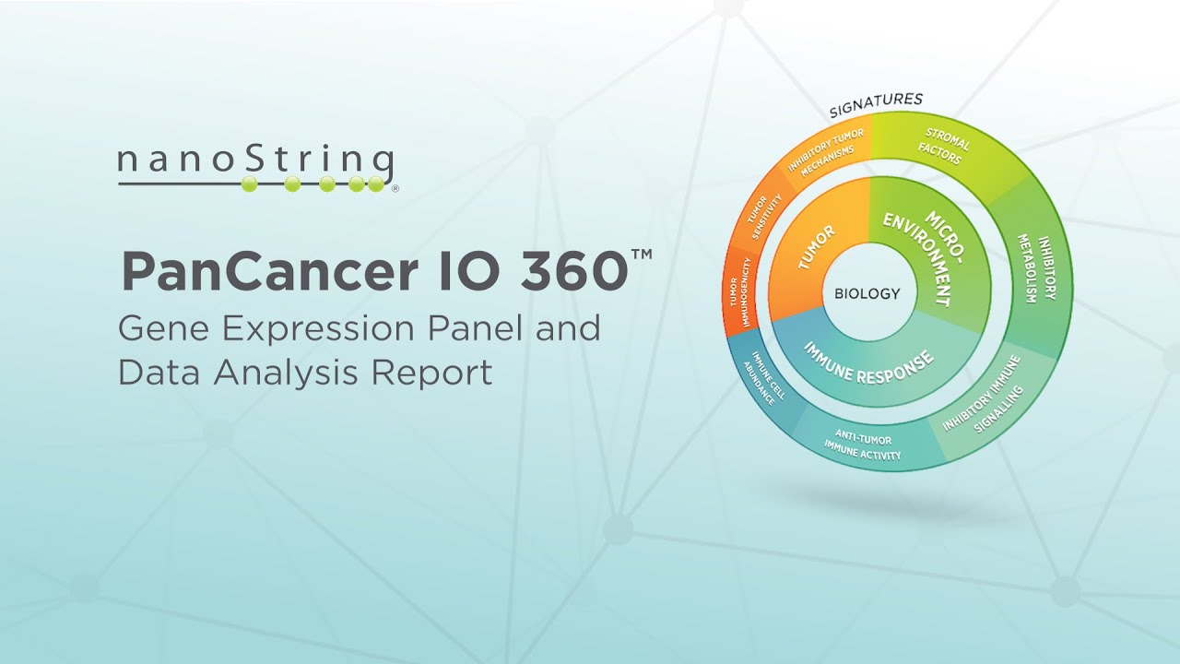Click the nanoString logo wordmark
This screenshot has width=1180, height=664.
tap(256, 164)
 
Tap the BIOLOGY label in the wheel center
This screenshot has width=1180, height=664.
tap(867, 294)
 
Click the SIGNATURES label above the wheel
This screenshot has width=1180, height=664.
tap(876, 105)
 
